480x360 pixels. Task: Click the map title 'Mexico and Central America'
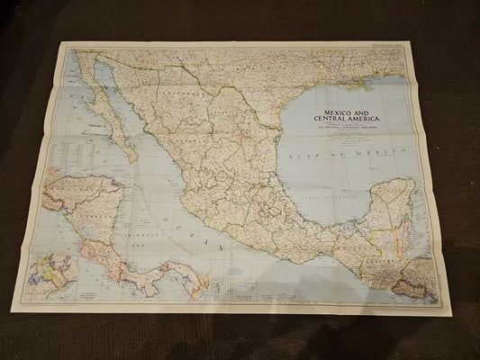tap(346, 117)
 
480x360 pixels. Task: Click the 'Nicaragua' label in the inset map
tap(90, 216)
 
